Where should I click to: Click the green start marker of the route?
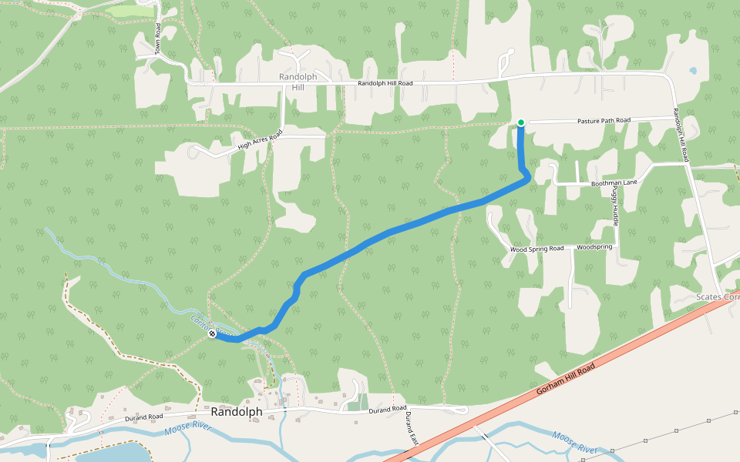click(x=521, y=122)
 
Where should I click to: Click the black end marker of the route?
click(x=212, y=333)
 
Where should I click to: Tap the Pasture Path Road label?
click(x=604, y=121)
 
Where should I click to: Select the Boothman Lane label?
click(x=614, y=182)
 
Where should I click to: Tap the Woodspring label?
click(x=594, y=247)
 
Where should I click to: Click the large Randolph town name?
click(x=236, y=412)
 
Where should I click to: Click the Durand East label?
click(x=410, y=428)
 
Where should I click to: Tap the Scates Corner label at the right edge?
click(x=717, y=297)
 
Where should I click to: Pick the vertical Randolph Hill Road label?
click(x=680, y=135)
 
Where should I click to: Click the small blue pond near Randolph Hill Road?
click(x=692, y=71)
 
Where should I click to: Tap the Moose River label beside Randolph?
click(x=187, y=427)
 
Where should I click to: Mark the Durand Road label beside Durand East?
click(x=387, y=409)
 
